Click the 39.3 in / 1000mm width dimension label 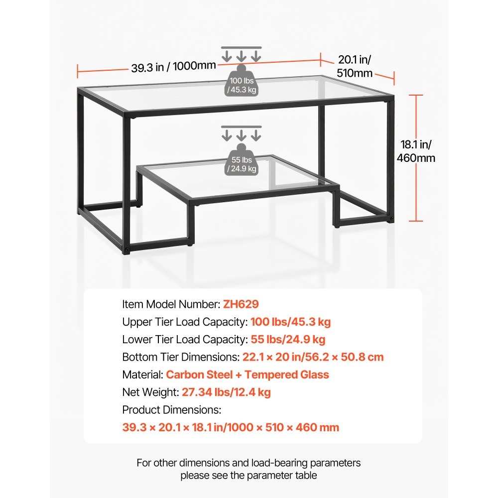[173, 67]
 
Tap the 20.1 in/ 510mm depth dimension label [355, 67]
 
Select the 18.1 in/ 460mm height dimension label [418, 151]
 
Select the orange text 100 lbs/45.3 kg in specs [290, 322]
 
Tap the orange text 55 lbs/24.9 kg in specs [288, 340]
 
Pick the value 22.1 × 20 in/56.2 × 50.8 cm [313, 357]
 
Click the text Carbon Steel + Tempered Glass [248, 374]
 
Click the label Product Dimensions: [171, 410]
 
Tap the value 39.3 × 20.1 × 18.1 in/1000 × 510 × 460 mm [231, 427]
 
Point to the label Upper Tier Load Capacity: [185, 322]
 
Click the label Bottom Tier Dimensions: [181, 357]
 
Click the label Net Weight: [150, 392]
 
